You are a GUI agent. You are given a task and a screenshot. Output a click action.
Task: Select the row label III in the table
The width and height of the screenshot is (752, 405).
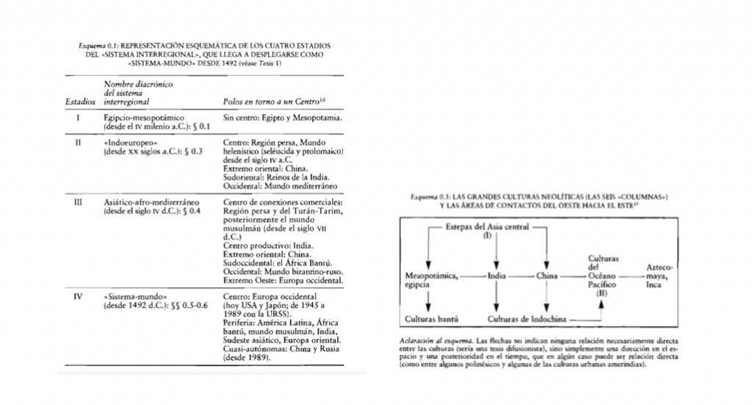point(78,199)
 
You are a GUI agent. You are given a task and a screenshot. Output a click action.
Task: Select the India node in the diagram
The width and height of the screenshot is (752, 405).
point(497,276)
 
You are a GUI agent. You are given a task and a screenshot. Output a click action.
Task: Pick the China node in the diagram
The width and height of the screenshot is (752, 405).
point(547,276)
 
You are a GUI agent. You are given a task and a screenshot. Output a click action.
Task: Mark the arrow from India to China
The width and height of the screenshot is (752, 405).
point(522,276)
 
